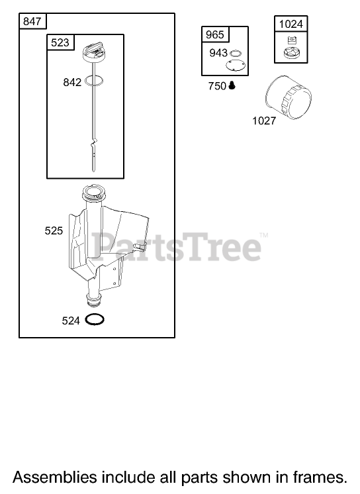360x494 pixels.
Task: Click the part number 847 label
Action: pos(32,21)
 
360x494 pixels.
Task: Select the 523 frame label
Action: pos(60,42)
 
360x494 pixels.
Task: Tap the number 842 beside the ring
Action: pos(72,82)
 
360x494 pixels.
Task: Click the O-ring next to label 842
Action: pos(93,81)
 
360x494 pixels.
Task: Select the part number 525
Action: pos(54,230)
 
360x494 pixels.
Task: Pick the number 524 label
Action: pos(71,321)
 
